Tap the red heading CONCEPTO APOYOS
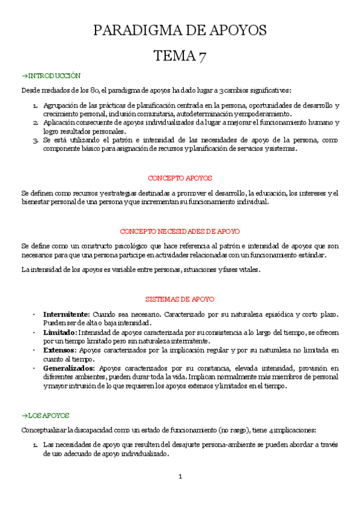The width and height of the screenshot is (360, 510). [180, 178]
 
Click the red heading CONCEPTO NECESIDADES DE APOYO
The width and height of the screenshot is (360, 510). [180, 231]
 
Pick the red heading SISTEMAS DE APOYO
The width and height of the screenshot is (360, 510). [180, 299]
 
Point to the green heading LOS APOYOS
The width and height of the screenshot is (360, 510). [49, 415]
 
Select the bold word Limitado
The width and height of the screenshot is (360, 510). [59, 332]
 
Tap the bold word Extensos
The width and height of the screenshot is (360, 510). [59, 349]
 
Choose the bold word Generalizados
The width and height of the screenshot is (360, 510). [69, 367]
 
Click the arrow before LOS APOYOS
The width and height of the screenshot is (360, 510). [24, 415]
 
